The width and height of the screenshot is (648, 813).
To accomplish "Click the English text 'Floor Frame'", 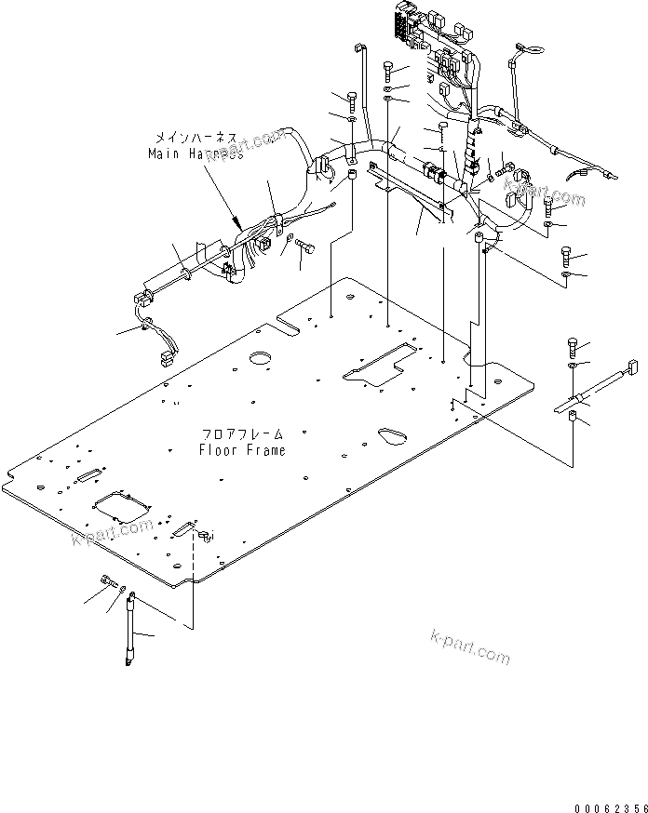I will coord(242,450).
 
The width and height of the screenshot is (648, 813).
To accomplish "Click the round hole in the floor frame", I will coord(262,358).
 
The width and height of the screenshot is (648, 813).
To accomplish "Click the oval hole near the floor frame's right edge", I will coord(390,433).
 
